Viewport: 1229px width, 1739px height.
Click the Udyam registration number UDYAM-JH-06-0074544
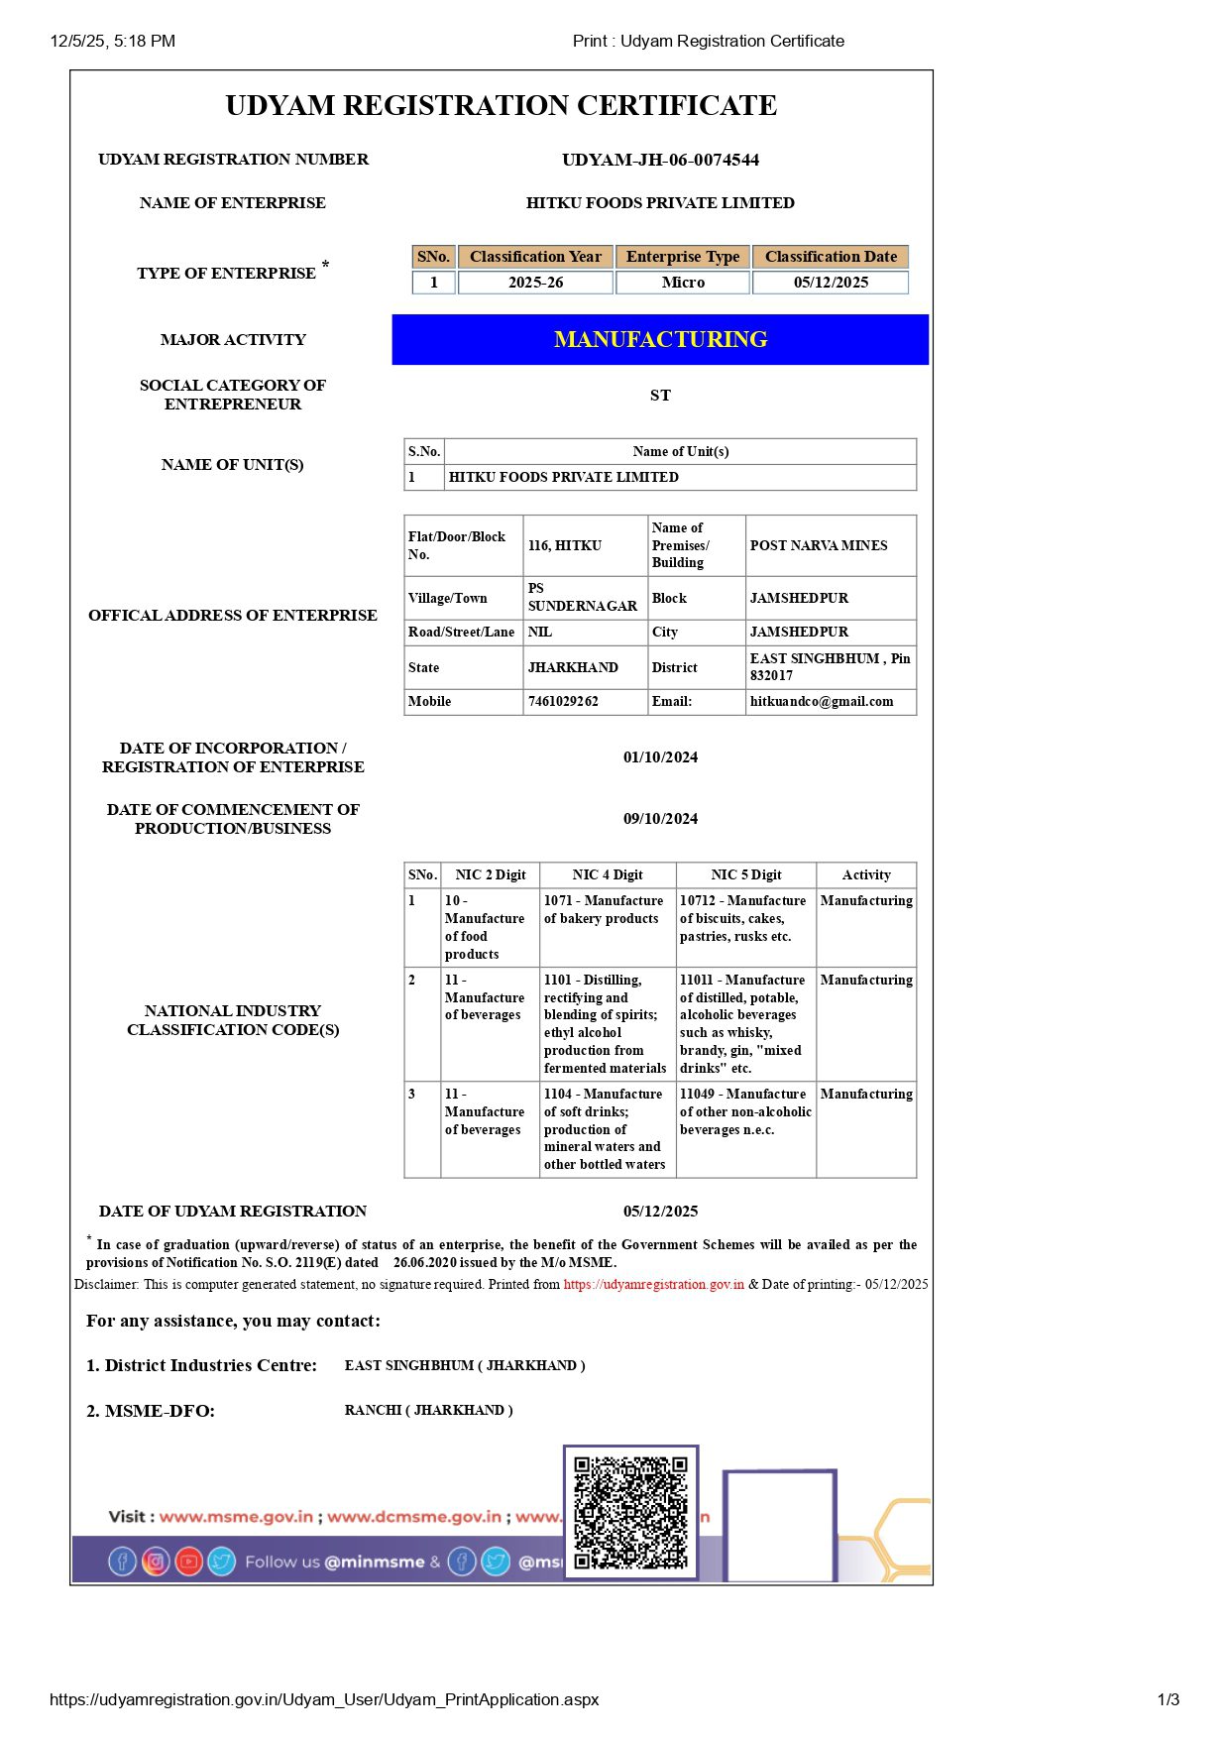point(660,160)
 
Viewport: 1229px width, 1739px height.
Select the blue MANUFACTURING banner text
point(660,339)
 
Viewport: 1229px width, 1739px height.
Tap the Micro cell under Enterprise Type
point(683,283)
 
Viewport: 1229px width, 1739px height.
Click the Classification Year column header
point(535,257)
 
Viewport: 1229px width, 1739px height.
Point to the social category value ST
point(660,396)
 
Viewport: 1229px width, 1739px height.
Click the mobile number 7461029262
point(563,702)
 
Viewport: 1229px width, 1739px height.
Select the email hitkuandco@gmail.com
point(822,702)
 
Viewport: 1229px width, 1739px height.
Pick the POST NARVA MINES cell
point(819,545)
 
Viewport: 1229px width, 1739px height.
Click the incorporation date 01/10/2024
point(660,757)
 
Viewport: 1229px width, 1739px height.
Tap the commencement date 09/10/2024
point(660,819)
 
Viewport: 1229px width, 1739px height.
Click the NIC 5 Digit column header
point(745,875)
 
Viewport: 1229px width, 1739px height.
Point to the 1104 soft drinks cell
point(605,1129)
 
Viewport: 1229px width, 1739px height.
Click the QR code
point(631,1512)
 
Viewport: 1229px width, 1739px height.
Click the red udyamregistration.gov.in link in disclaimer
point(654,1285)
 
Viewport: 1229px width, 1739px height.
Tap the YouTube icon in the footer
point(188,1563)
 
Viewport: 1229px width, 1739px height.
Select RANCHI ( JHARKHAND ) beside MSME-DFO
point(429,1411)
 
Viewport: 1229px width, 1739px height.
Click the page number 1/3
point(1168,1699)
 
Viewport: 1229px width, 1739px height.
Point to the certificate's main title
point(501,106)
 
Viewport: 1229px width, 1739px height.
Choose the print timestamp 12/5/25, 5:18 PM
point(113,42)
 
